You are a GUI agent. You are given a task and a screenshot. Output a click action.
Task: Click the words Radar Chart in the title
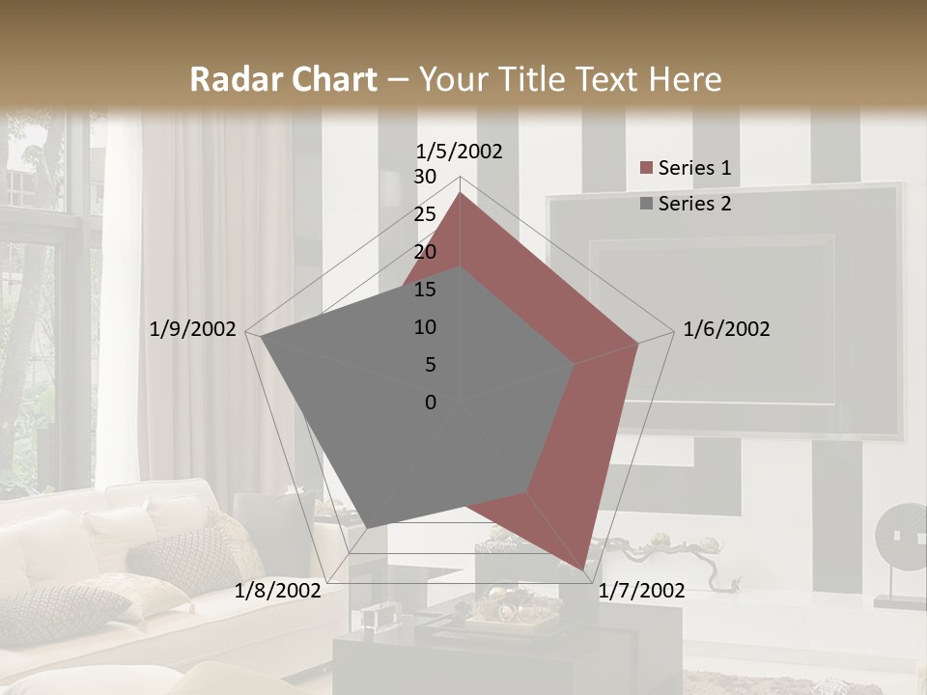pyautogui.click(x=283, y=79)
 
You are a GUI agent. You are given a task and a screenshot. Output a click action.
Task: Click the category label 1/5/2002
pyautogui.click(x=460, y=151)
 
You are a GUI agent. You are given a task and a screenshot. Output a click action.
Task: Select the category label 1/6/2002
pyautogui.click(x=726, y=329)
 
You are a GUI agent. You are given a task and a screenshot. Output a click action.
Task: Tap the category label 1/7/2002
pyautogui.click(x=642, y=591)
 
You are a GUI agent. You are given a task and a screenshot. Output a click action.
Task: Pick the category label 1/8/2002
pyautogui.click(x=277, y=591)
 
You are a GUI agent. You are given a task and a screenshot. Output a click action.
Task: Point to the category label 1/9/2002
pyautogui.click(x=192, y=329)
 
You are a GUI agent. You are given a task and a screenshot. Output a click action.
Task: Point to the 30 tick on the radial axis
pyautogui.click(x=425, y=177)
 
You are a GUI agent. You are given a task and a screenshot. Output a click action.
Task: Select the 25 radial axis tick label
pyautogui.click(x=425, y=214)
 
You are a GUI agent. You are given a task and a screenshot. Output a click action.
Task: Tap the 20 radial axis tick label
pyautogui.click(x=425, y=252)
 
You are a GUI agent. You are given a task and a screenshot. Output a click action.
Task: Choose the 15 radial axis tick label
pyautogui.click(x=425, y=290)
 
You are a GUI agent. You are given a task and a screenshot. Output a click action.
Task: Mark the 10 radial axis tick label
pyautogui.click(x=425, y=327)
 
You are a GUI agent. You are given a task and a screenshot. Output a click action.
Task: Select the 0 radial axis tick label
pyautogui.click(x=431, y=403)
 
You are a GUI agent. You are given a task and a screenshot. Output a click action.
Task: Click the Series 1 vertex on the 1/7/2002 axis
pyautogui.click(x=583, y=570)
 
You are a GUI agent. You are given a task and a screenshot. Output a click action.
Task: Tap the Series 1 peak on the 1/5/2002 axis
pyautogui.click(x=460, y=193)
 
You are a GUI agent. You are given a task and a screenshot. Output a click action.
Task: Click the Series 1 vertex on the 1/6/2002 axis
pyautogui.click(x=638, y=343)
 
